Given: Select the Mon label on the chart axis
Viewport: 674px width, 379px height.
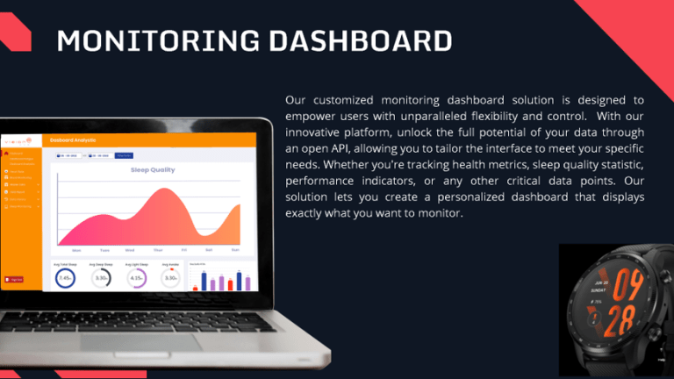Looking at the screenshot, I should tap(77, 249).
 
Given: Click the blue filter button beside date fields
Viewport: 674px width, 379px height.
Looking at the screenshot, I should tap(124, 155).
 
